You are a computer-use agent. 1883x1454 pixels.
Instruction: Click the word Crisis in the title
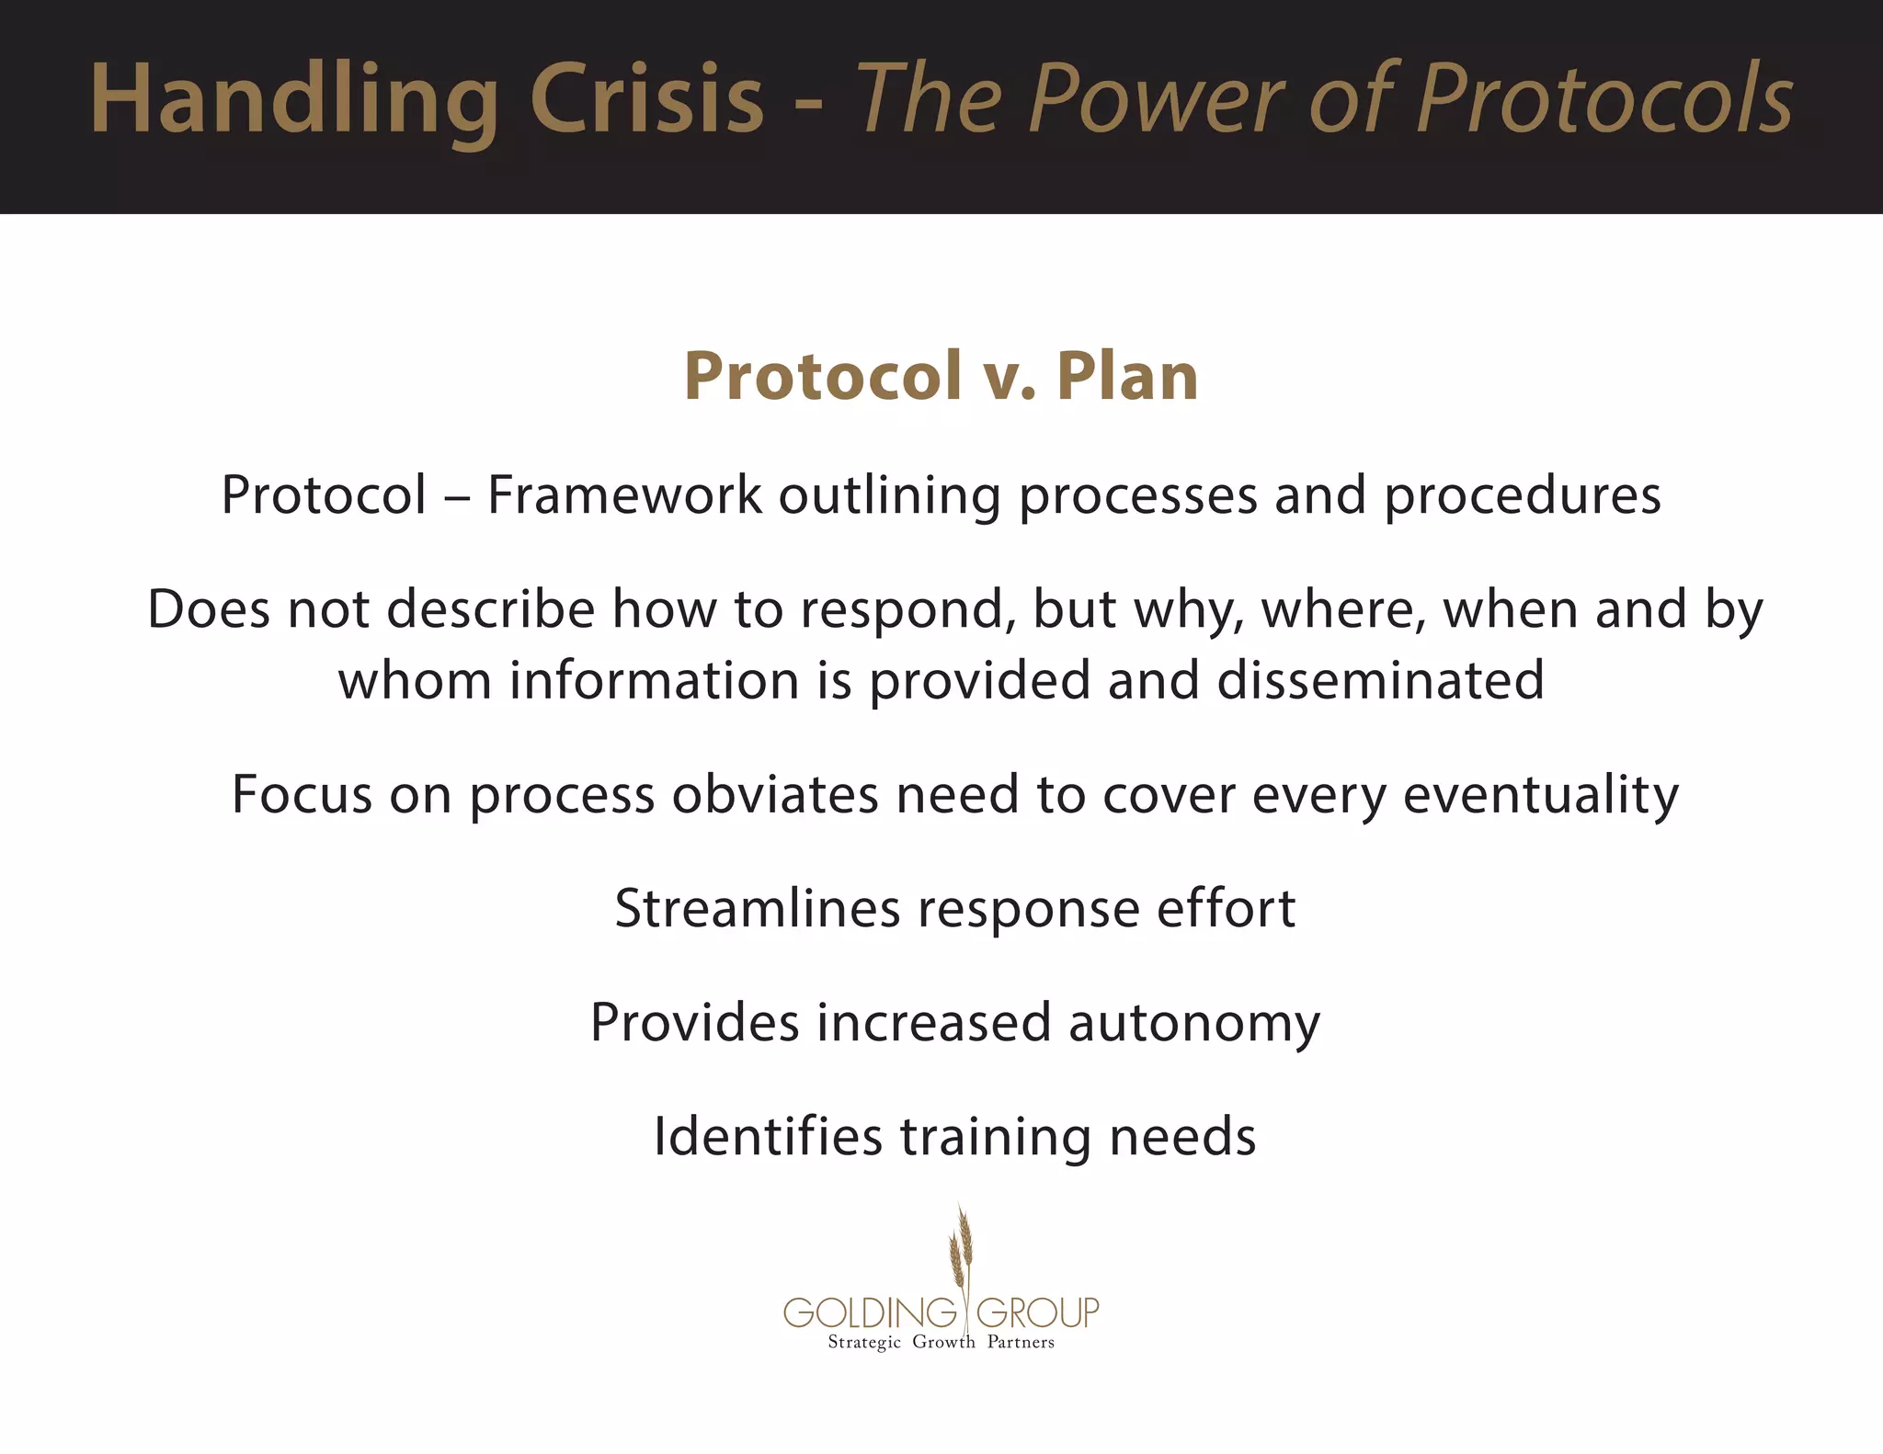(646, 99)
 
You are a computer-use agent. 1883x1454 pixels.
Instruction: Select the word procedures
(1523, 497)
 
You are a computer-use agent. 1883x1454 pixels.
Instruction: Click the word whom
(415, 681)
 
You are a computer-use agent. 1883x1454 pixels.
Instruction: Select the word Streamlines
(757, 909)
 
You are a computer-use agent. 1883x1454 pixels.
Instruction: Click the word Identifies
(768, 1137)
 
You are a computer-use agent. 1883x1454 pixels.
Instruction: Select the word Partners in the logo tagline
(1021, 1343)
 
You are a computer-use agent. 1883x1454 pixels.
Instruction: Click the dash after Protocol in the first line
(457, 497)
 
